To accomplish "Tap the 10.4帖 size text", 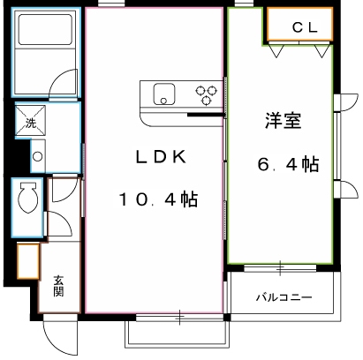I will tap(160, 199).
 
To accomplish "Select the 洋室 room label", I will tap(283, 122).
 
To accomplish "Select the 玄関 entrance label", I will tap(58, 286).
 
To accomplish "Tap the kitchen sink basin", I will tap(165, 94).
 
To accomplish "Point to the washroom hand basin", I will tap(36, 158).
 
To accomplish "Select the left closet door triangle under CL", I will tap(277, 51).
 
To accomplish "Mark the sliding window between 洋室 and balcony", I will tap(279, 267).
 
